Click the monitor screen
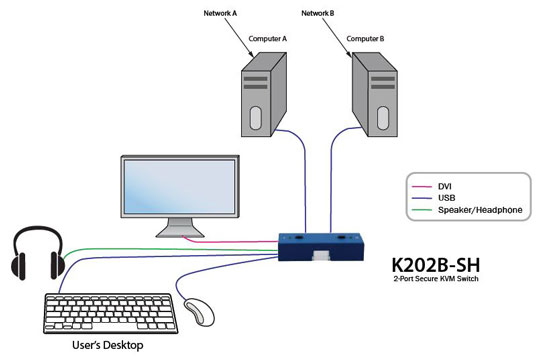(x=177, y=190)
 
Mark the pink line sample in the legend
(x=423, y=184)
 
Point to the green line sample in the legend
(x=423, y=211)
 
